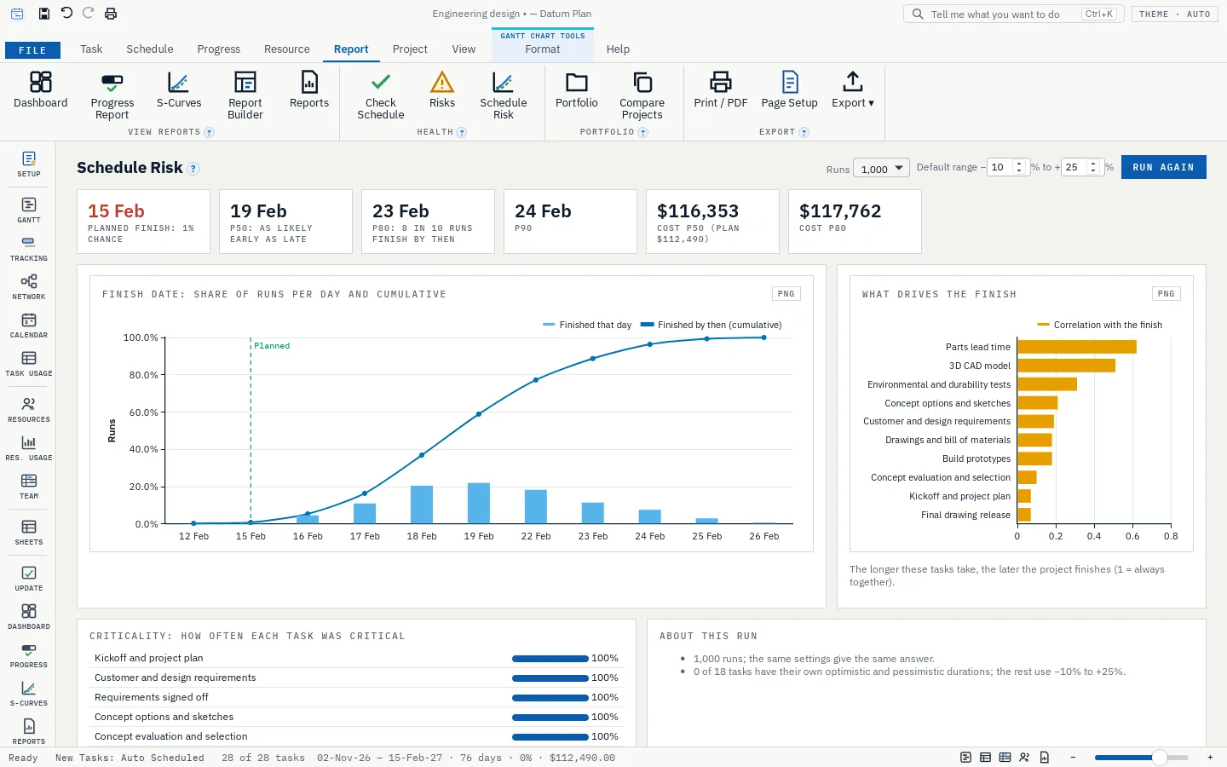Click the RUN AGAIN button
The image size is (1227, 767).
[x=1163, y=167]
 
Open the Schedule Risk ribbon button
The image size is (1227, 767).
[x=503, y=95]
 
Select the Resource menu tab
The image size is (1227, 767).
[x=286, y=49]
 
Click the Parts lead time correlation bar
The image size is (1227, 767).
[x=1076, y=347]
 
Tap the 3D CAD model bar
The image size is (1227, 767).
[x=1066, y=366]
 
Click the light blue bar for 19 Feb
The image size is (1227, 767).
[x=479, y=503]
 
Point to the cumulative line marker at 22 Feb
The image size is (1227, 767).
[x=536, y=380]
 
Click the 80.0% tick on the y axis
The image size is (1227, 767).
[x=143, y=375]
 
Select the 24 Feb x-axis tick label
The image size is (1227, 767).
[x=649, y=536]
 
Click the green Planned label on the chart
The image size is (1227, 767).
[x=272, y=346]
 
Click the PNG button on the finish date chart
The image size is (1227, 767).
[x=786, y=294]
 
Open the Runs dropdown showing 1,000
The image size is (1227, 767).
[x=881, y=168]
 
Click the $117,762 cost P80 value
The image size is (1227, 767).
[x=840, y=211]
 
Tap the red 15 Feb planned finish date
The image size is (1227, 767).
[x=116, y=211]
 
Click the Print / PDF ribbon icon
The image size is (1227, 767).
[x=720, y=82]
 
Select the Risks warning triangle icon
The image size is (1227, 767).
[x=441, y=82]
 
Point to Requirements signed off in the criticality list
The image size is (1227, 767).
[x=151, y=697]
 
